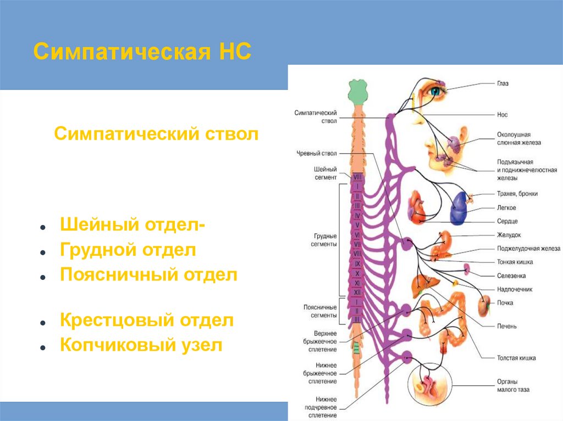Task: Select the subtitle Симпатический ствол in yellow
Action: (156, 134)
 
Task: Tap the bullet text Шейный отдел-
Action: (134, 226)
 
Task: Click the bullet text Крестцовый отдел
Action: (147, 321)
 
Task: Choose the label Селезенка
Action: (510, 276)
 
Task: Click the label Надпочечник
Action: (514, 289)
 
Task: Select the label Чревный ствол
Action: (317, 153)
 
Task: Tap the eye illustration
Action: (435, 91)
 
